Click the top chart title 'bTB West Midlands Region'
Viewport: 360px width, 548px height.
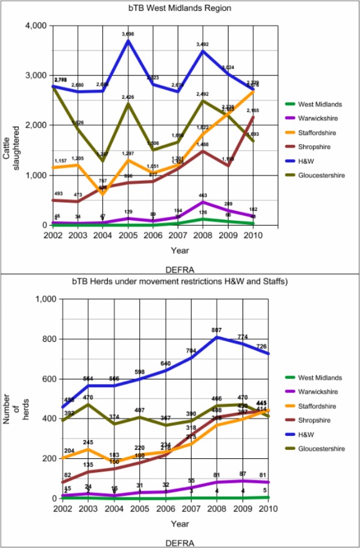179,8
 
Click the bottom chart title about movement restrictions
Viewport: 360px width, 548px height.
180,282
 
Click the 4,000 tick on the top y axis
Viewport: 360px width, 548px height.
35,26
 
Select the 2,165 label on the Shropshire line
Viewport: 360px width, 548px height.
253,111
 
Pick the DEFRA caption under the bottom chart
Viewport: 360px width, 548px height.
180,543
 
